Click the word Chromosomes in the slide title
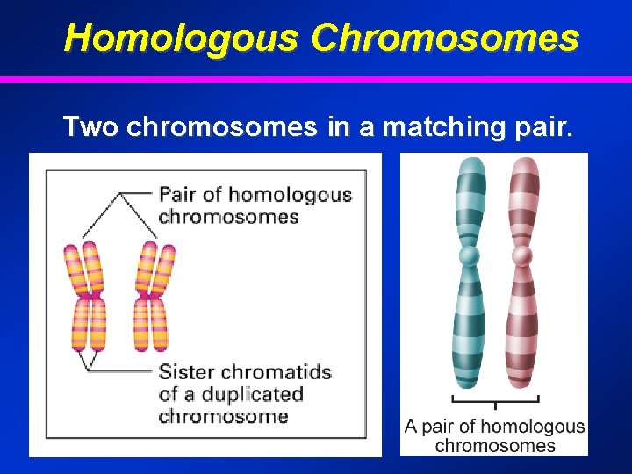tap(445, 38)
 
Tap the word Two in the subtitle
tap(90, 127)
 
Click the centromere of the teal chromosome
tap(470, 255)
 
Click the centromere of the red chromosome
tap(523, 255)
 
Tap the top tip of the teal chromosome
tap(471, 162)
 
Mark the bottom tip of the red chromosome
tap(522, 383)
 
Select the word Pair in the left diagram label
tap(178, 195)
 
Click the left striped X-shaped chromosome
tap(86, 297)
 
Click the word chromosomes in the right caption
tap(495, 445)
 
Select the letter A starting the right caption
tap(411, 427)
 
